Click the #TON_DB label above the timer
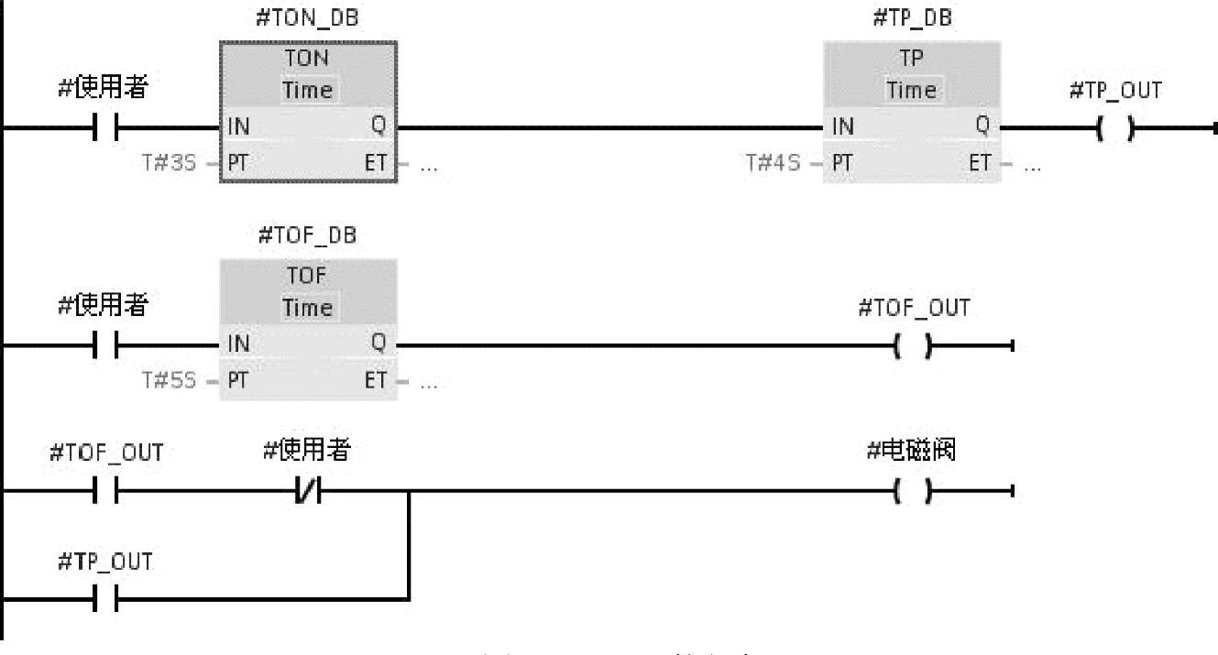coord(307,20)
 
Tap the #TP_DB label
coord(914,20)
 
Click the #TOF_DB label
coord(307,235)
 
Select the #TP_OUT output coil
coord(1114,129)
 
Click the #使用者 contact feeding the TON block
coord(106,129)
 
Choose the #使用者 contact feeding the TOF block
coord(106,346)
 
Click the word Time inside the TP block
coord(914,90)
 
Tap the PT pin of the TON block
coord(239,164)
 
